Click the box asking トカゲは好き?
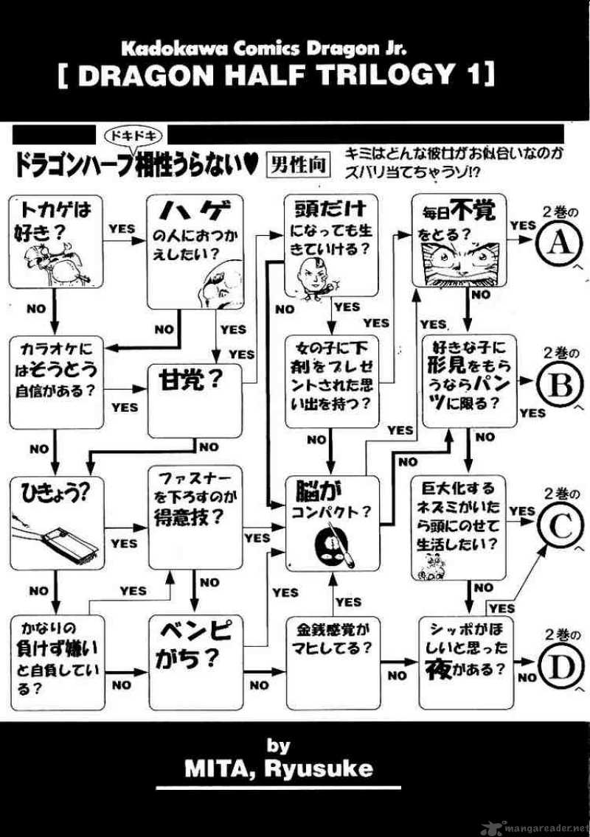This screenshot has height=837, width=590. click(56, 241)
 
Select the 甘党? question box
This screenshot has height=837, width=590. click(195, 400)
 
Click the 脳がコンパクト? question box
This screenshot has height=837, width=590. click(333, 523)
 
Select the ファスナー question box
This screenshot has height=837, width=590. click(195, 518)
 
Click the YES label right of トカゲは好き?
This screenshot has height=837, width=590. click(122, 228)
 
